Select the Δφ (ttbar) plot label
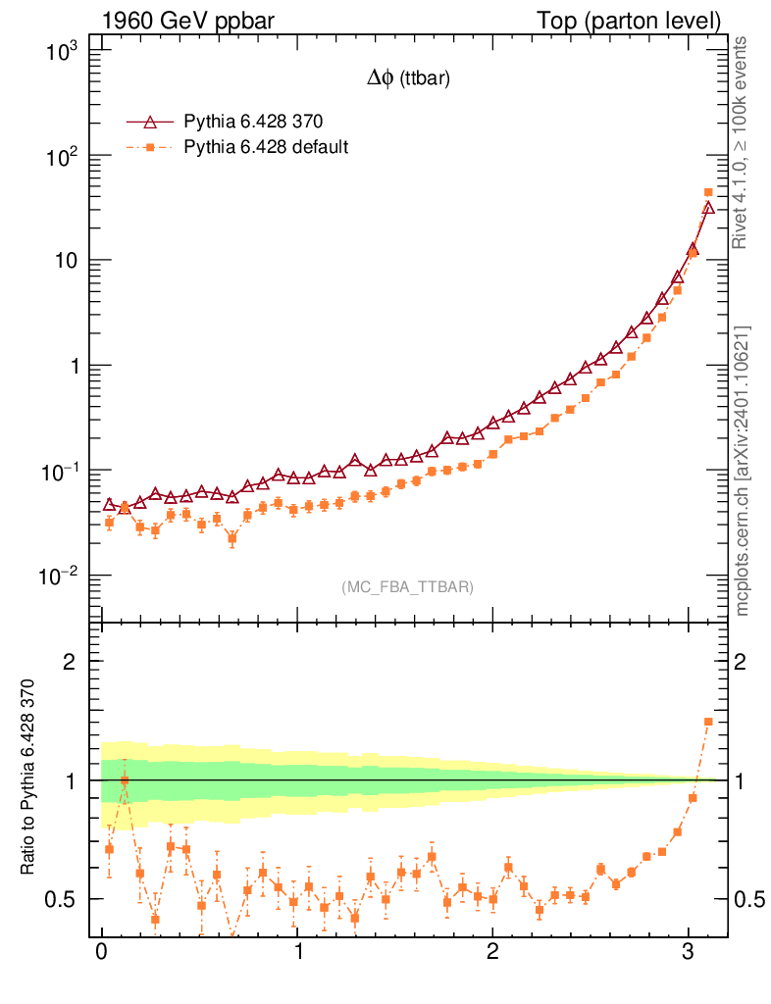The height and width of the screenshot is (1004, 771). click(x=408, y=80)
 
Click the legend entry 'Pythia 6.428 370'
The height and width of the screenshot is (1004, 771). click(x=253, y=122)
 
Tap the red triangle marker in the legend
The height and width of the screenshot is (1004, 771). click(x=149, y=122)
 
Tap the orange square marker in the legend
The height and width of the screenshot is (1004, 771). click(x=149, y=147)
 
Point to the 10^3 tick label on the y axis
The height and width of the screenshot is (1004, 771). click(x=64, y=52)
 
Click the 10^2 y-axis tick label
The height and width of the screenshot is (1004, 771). click(x=64, y=157)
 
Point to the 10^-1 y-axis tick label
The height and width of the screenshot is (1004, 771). click(x=61, y=471)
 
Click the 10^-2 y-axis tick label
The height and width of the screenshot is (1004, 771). click(x=61, y=576)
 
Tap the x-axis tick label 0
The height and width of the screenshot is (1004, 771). click(x=102, y=953)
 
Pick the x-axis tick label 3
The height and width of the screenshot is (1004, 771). click(x=689, y=953)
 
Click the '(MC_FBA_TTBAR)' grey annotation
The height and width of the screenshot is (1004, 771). click(x=408, y=587)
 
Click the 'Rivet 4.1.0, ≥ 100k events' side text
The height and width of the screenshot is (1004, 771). click(x=743, y=142)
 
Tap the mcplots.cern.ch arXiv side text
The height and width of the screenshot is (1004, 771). click(x=743, y=471)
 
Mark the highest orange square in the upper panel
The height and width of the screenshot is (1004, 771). click(x=708, y=193)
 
